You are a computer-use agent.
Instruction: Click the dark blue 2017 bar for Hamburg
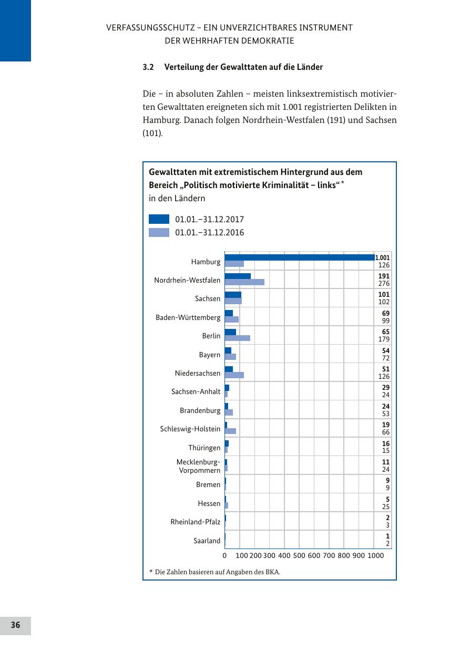pos(300,257)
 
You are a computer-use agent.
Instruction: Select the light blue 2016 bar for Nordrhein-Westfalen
pos(244,282)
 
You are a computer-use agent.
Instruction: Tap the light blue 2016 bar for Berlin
pos(237,338)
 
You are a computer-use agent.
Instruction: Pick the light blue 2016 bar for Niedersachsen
pos(234,375)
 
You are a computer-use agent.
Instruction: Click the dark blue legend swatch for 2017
pos(159,219)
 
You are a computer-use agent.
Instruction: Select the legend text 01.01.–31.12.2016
pos(209,232)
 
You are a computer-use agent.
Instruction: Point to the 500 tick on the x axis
pos(299,555)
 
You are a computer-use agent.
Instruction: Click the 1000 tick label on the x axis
pos(375,555)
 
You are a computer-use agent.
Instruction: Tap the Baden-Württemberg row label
pos(188,317)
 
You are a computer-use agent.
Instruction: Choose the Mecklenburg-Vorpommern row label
pos(198,466)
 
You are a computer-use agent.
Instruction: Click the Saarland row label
pos(207,541)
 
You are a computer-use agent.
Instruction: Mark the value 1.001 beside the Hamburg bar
pos(382,257)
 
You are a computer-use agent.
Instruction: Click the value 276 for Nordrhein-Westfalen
pos(384,284)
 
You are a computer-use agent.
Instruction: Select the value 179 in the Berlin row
pos(384,339)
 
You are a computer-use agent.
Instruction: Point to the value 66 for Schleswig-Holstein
pos(386,432)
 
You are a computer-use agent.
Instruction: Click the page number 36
pos(15,625)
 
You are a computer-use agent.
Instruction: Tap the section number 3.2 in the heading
pos(148,67)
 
